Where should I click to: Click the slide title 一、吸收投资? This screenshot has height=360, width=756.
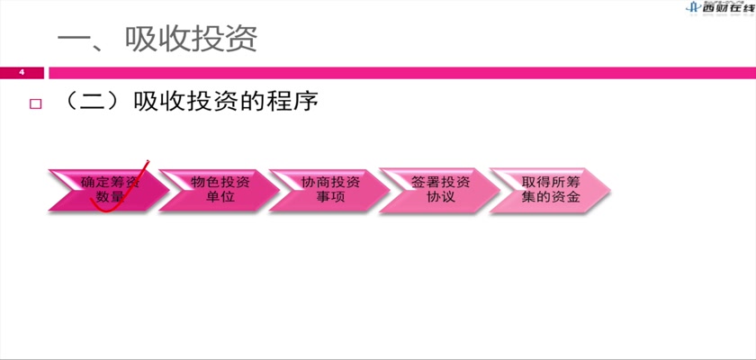pyautogui.click(x=157, y=39)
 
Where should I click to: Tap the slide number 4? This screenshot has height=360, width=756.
pyautogui.click(x=22, y=73)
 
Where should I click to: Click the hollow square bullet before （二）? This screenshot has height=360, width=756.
pyautogui.click(x=36, y=103)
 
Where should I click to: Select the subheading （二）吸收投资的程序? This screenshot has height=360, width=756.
pyautogui.click(x=190, y=103)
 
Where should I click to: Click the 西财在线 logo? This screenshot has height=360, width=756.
pyautogui.click(x=720, y=7)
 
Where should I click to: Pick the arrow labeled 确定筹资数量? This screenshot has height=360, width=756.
pyautogui.click(x=109, y=190)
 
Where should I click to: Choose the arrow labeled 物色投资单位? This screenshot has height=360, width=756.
pyautogui.click(x=220, y=190)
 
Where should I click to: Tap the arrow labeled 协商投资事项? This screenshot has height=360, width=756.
pyautogui.click(x=329, y=190)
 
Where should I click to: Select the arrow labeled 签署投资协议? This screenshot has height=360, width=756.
pyautogui.click(x=440, y=190)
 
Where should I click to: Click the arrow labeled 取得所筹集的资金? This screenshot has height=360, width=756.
pyautogui.click(x=551, y=190)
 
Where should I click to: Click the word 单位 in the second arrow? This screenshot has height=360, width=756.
pyautogui.click(x=220, y=197)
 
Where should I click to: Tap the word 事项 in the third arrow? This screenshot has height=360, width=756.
pyautogui.click(x=331, y=197)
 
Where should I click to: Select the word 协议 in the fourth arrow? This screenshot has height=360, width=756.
pyautogui.click(x=441, y=197)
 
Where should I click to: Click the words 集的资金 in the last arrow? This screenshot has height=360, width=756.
pyautogui.click(x=551, y=197)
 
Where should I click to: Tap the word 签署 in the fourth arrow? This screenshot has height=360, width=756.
pyautogui.click(x=427, y=182)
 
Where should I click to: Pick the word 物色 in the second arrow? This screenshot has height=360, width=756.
pyautogui.click(x=205, y=182)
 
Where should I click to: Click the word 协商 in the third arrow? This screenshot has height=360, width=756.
pyautogui.click(x=316, y=182)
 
